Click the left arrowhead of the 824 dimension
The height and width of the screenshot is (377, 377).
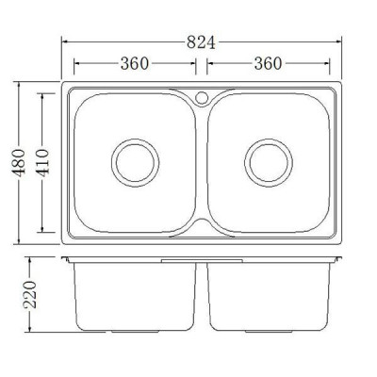tap(66, 42)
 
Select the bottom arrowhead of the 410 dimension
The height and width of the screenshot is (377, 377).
tap(44, 231)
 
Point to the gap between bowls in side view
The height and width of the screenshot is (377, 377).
tap(202, 297)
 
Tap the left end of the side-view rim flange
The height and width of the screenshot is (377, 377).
tap(64, 257)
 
